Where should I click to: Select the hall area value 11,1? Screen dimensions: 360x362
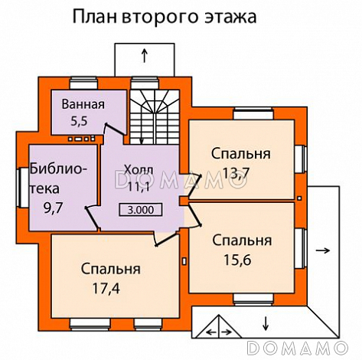click(x=139, y=186)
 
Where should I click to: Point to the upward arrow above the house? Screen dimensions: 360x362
click(x=145, y=56)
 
